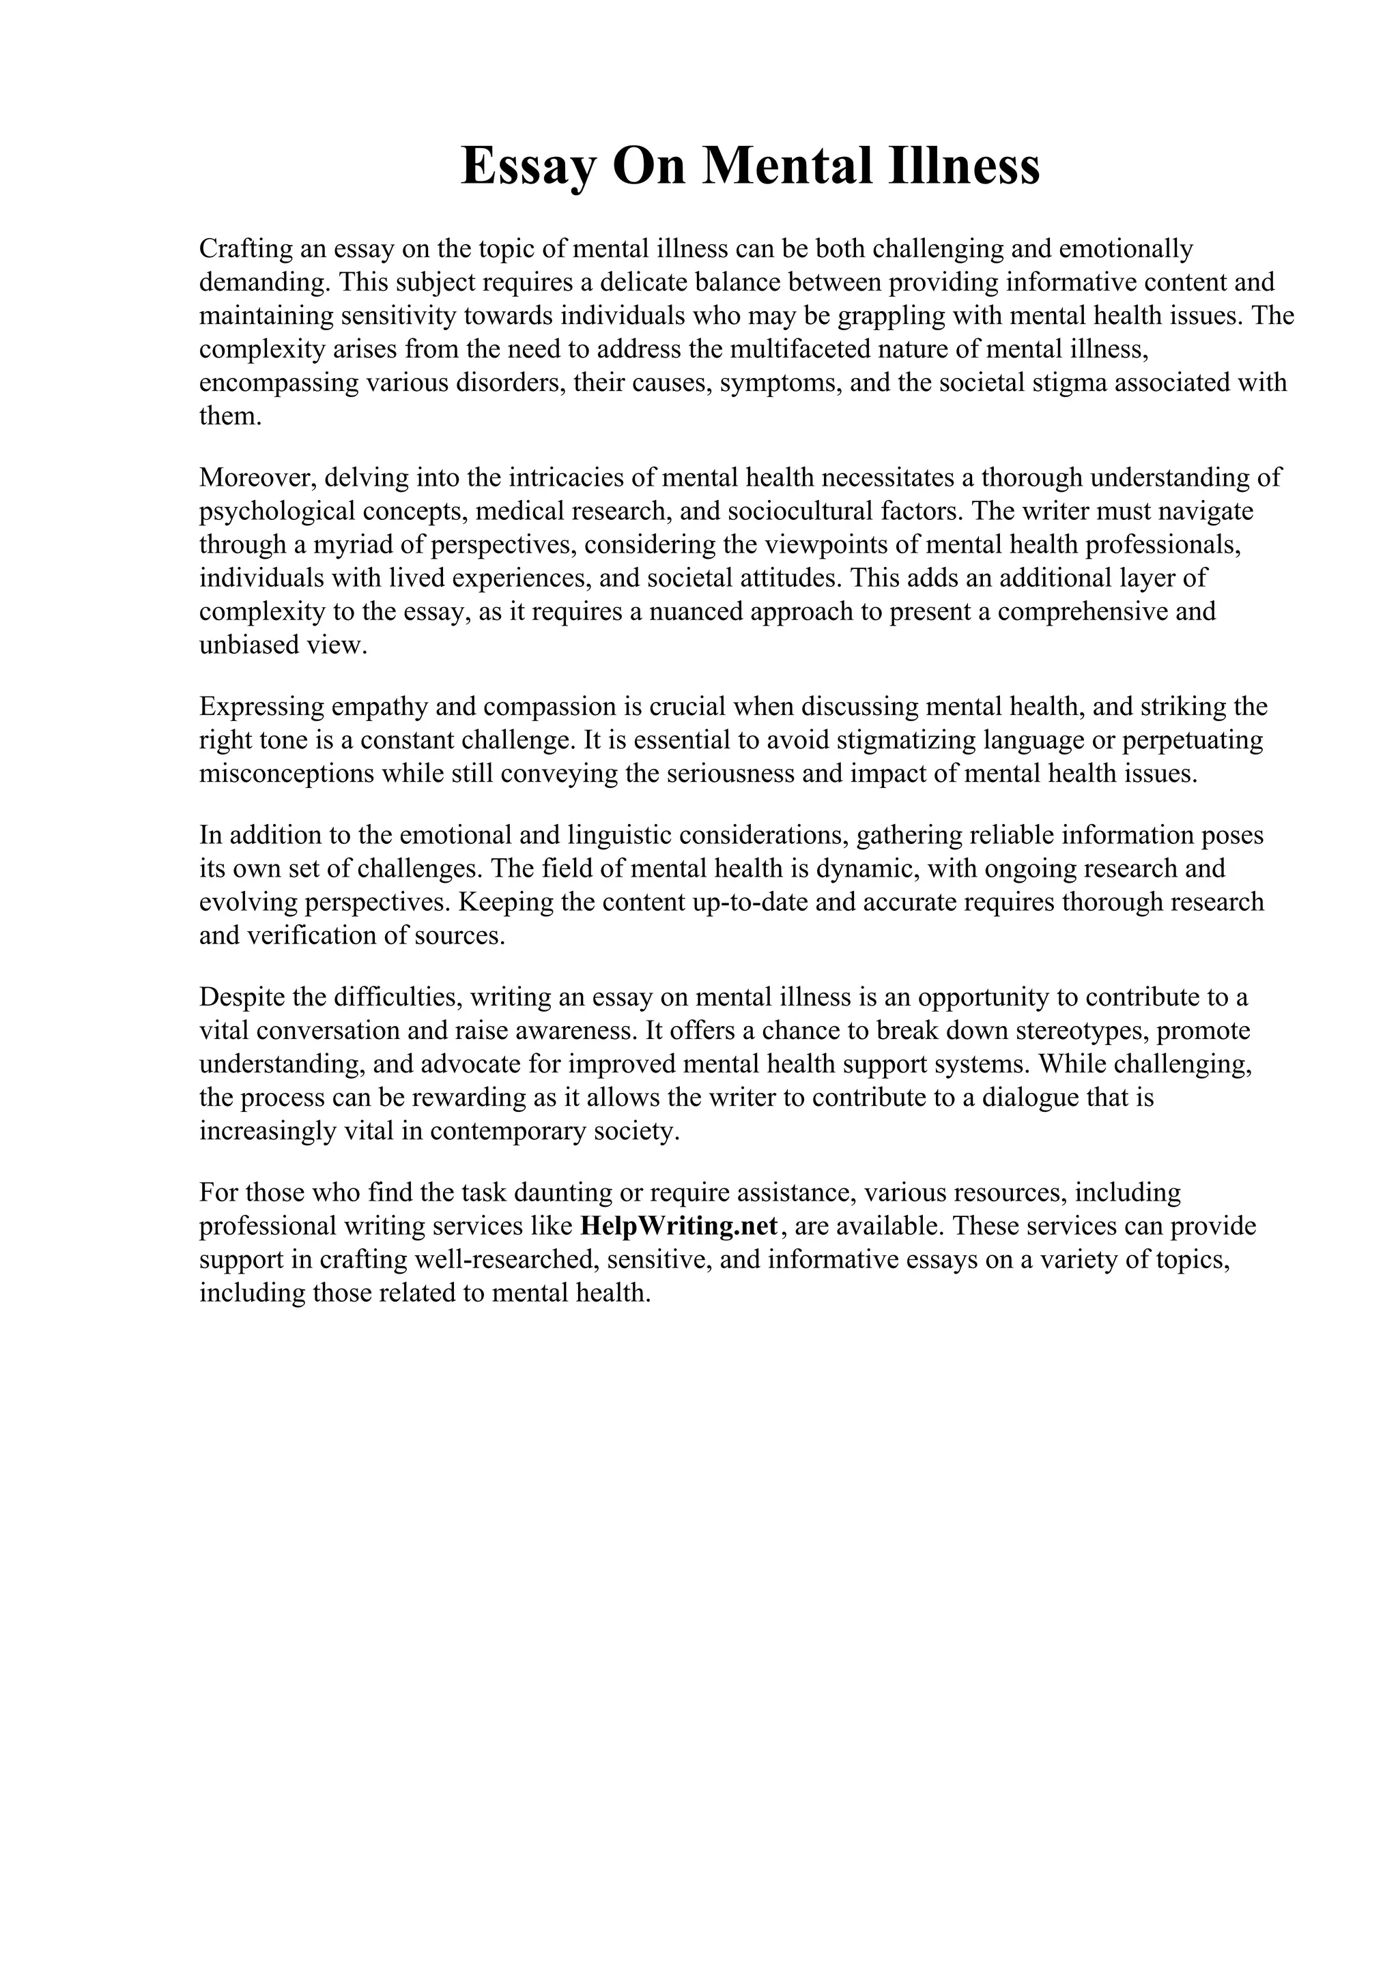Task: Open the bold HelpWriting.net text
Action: [680, 1226]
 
